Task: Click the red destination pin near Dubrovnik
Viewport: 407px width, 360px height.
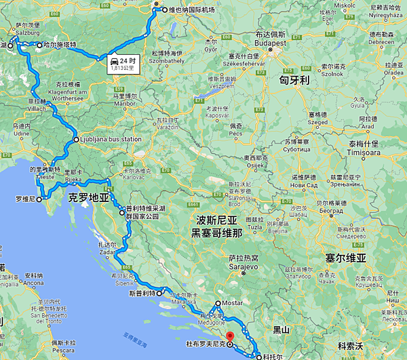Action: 229,336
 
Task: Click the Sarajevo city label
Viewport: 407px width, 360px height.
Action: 243,267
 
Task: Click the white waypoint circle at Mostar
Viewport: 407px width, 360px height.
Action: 218,304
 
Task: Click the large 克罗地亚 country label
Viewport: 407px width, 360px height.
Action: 89,198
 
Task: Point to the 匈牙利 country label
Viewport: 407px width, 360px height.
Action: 296,80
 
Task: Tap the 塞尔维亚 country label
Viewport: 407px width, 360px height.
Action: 345,258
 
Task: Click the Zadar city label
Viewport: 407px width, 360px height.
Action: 109,252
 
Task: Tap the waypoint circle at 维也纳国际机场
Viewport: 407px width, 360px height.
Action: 164,10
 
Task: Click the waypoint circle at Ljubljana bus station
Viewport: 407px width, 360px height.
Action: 76,140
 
